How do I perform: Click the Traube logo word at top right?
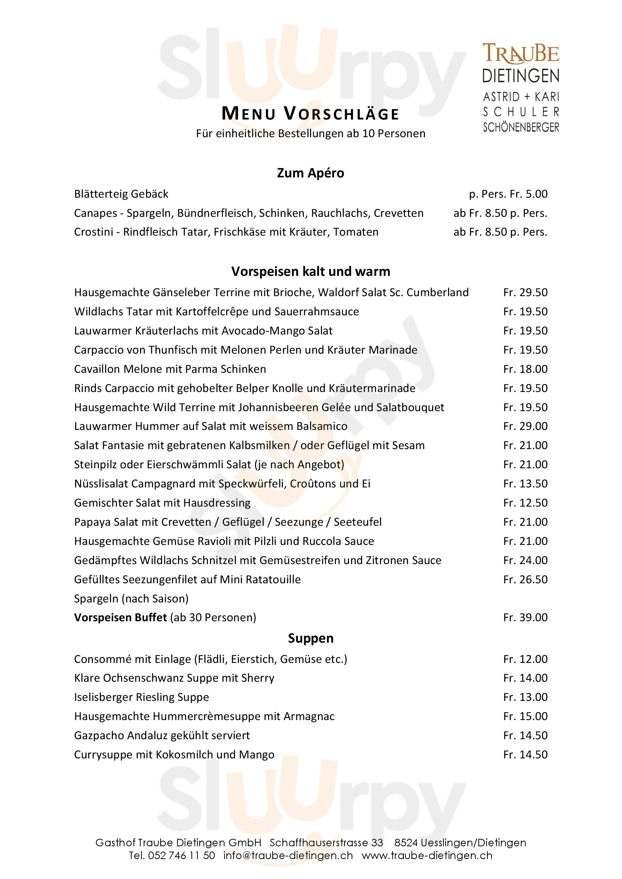(520, 54)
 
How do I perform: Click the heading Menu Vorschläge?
(310, 114)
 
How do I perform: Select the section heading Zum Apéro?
(310, 173)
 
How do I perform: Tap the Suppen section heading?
(310, 638)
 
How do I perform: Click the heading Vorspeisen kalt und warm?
(310, 271)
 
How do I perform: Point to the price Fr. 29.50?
(525, 292)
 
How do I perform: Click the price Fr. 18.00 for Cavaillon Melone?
(525, 369)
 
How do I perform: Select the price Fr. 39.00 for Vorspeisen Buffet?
(525, 617)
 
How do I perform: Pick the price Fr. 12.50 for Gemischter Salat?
(525, 503)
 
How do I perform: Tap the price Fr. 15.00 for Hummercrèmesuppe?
(525, 716)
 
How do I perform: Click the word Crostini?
(94, 232)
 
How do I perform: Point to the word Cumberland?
(437, 292)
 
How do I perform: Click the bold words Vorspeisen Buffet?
(120, 617)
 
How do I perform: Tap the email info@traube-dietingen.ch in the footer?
(288, 856)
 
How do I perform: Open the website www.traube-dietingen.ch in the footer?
(427, 856)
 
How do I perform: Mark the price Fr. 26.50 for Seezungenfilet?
(525, 579)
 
